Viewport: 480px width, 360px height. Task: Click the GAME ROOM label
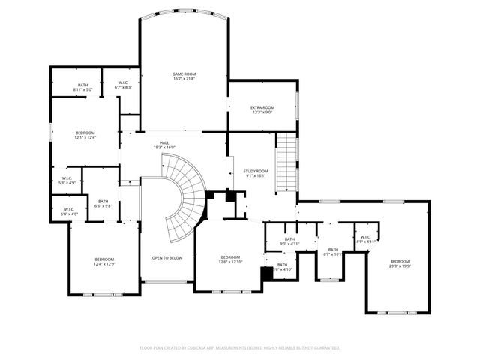tap(184, 76)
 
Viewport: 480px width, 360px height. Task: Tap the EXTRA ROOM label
tap(261, 109)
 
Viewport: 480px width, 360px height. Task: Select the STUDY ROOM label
tap(255, 173)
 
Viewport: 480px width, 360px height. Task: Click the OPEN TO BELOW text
tap(166, 258)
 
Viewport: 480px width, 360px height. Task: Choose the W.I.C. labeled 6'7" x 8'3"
tap(124, 85)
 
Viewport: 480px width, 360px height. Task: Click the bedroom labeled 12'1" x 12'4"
tap(85, 135)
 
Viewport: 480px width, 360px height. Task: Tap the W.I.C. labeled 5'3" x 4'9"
tap(67, 180)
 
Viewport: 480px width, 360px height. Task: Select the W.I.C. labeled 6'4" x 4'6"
tap(68, 211)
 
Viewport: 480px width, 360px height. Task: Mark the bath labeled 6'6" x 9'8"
tap(103, 203)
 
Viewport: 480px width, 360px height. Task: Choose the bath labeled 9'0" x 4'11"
tap(289, 241)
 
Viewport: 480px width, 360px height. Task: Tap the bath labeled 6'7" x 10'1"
tap(332, 251)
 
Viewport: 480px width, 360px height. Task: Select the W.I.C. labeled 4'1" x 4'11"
tap(364, 239)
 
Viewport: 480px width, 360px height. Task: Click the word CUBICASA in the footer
tap(196, 348)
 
